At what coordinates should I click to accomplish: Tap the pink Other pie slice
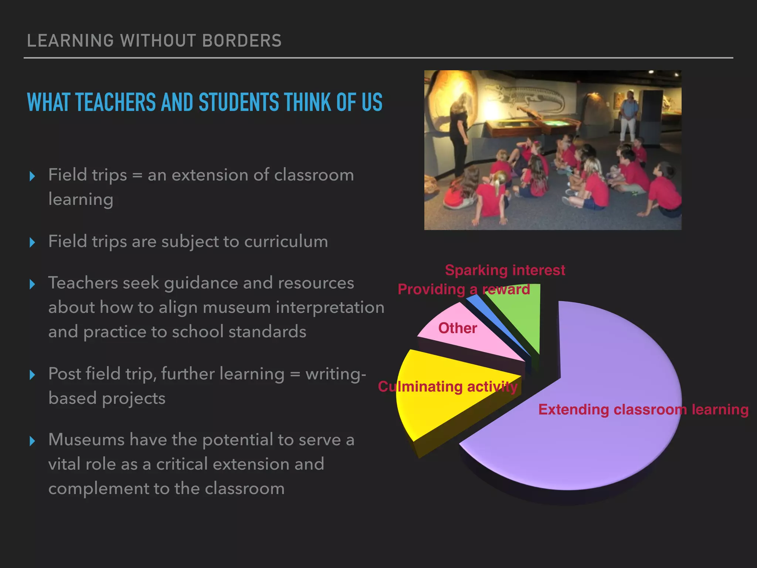point(477,340)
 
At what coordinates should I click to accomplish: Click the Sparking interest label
point(505,270)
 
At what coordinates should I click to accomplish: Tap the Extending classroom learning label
point(643,410)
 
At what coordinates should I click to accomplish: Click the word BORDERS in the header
point(242,41)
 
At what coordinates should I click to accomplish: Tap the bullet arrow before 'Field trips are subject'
point(33,243)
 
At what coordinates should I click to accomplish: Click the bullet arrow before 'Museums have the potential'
point(33,441)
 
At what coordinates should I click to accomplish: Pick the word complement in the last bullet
point(98,489)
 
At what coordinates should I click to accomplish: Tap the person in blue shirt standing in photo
point(628,115)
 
